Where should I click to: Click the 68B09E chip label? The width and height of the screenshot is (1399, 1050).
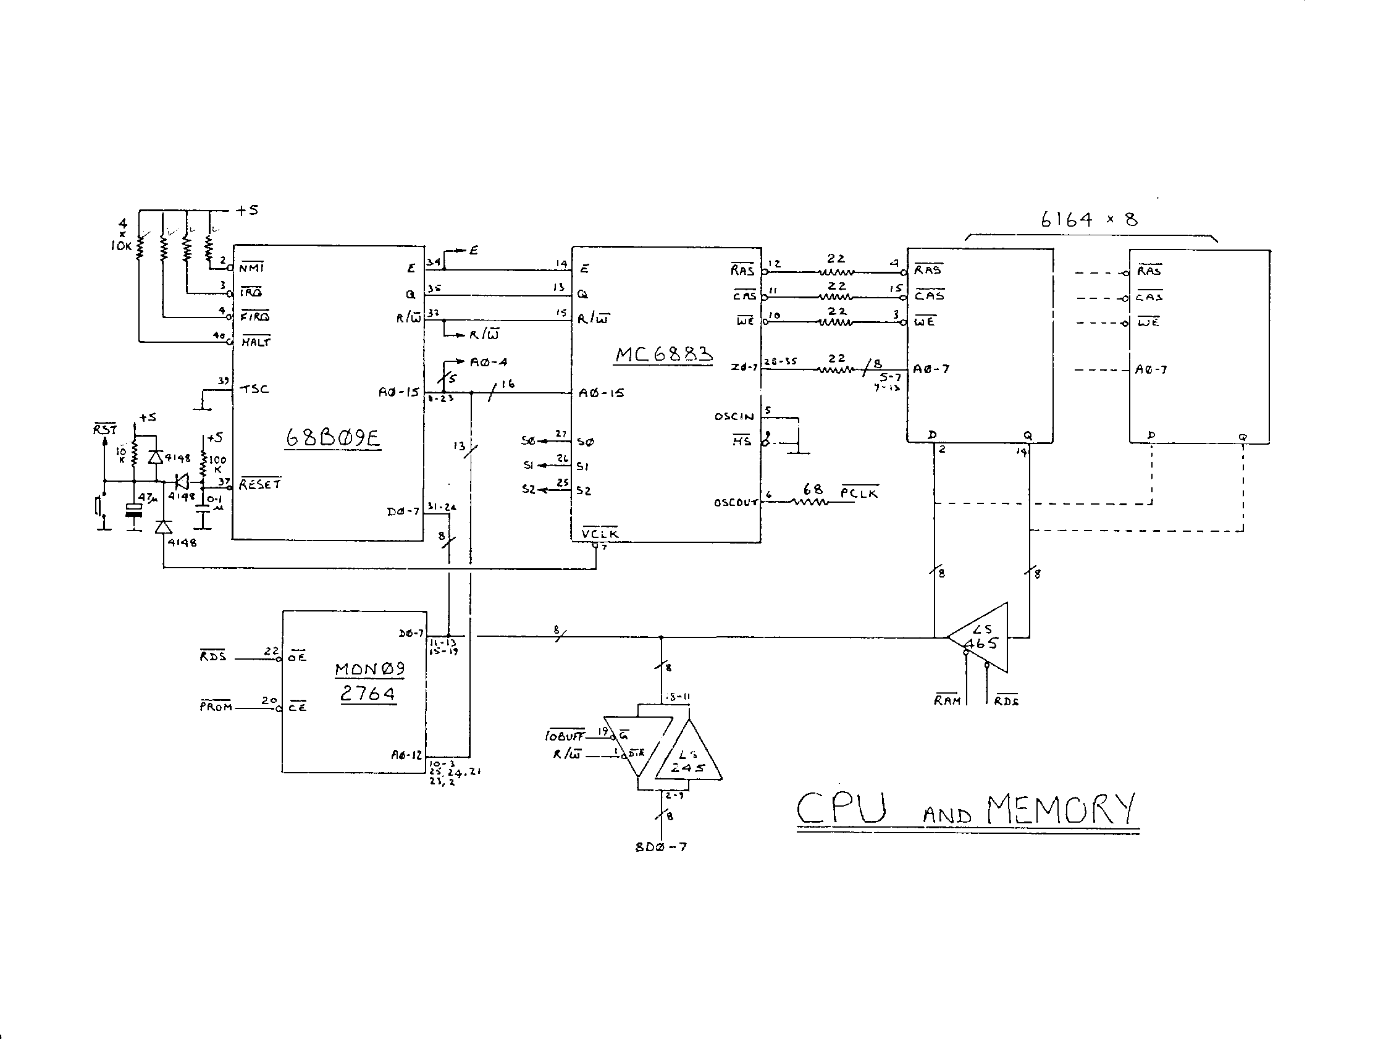(x=333, y=437)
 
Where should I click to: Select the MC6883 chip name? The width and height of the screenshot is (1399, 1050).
(x=663, y=353)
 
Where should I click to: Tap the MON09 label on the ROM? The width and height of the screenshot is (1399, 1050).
(x=369, y=668)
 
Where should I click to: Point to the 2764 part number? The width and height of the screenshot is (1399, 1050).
(x=368, y=694)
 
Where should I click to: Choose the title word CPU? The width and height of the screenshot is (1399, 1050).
(x=841, y=808)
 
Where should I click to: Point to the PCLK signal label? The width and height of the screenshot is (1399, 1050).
(x=860, y=493)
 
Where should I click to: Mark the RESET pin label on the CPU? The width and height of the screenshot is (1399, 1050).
(x=260, y=484)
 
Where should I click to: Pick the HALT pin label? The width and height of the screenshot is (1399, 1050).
(x=256, y=342)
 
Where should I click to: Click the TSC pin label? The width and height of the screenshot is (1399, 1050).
(x=255, y=389)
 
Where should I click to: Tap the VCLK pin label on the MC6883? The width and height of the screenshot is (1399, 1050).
(x=600, y=533)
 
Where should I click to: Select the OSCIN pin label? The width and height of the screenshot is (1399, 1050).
(x=734, y=416)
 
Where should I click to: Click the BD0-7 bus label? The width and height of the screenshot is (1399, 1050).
(x=661, y=847)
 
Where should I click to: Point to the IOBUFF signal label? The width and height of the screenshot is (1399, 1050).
(x=564, y=736)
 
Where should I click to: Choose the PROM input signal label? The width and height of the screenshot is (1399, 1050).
(x=216, y=707)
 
